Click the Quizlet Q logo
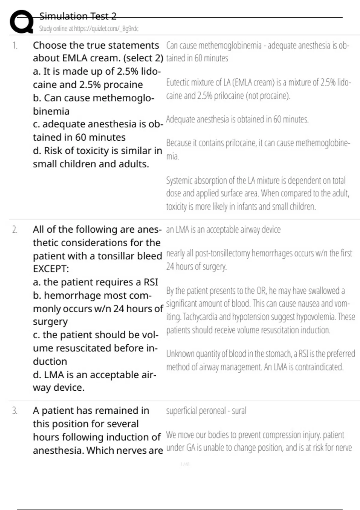(21, 22)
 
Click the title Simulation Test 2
(78, 16)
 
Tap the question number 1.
(15, 46)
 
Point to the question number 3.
(15, 411)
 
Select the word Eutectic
(178, 82)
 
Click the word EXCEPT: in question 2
(51, 269)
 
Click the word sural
(239, 411)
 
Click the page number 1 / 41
(185, 464)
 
